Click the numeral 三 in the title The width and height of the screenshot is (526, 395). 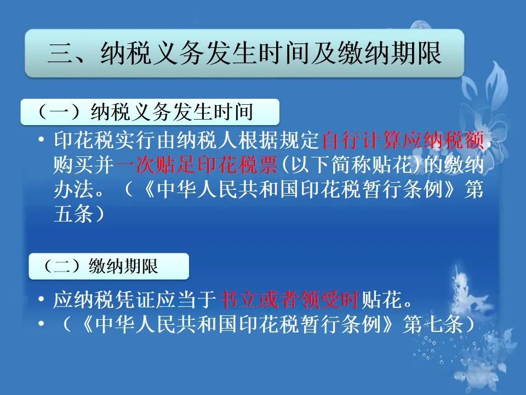(60, 53)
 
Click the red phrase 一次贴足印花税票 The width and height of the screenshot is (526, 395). (196, 165)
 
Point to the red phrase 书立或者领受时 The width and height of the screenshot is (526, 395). (289, 300)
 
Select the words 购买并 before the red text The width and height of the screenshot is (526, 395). (84, 165)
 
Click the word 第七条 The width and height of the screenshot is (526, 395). (433, 324)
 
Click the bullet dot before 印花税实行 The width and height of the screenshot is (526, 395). (41, 140)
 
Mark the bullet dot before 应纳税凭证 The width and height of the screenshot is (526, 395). (41, 299)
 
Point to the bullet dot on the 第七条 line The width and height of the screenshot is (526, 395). (41, 324)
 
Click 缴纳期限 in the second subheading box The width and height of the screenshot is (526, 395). (123, 266)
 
